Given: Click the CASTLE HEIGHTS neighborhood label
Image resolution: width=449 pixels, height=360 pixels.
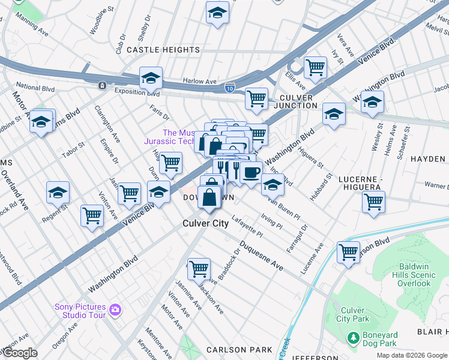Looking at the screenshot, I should point(154,50).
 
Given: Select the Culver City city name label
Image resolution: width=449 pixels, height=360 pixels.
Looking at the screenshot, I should point(206,223).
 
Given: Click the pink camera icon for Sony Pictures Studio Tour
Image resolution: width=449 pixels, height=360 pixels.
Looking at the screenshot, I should point(115,311).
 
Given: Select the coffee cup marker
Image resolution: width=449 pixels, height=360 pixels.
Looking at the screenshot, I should point(251,172).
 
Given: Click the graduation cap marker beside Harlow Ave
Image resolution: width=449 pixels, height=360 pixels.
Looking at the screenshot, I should point(151,78).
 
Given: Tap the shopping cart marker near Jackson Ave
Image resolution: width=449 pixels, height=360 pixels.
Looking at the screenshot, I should point(199,269).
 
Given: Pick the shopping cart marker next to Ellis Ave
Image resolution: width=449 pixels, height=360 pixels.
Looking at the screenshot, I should point(315,67).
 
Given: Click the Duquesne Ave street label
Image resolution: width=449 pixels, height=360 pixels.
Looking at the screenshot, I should point(261,256).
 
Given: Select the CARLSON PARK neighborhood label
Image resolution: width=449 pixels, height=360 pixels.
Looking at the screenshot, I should point(239,350).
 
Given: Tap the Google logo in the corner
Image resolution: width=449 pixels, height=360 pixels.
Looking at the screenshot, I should point(19,353).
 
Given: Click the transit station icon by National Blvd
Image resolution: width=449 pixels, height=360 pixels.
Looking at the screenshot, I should point(103,86).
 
